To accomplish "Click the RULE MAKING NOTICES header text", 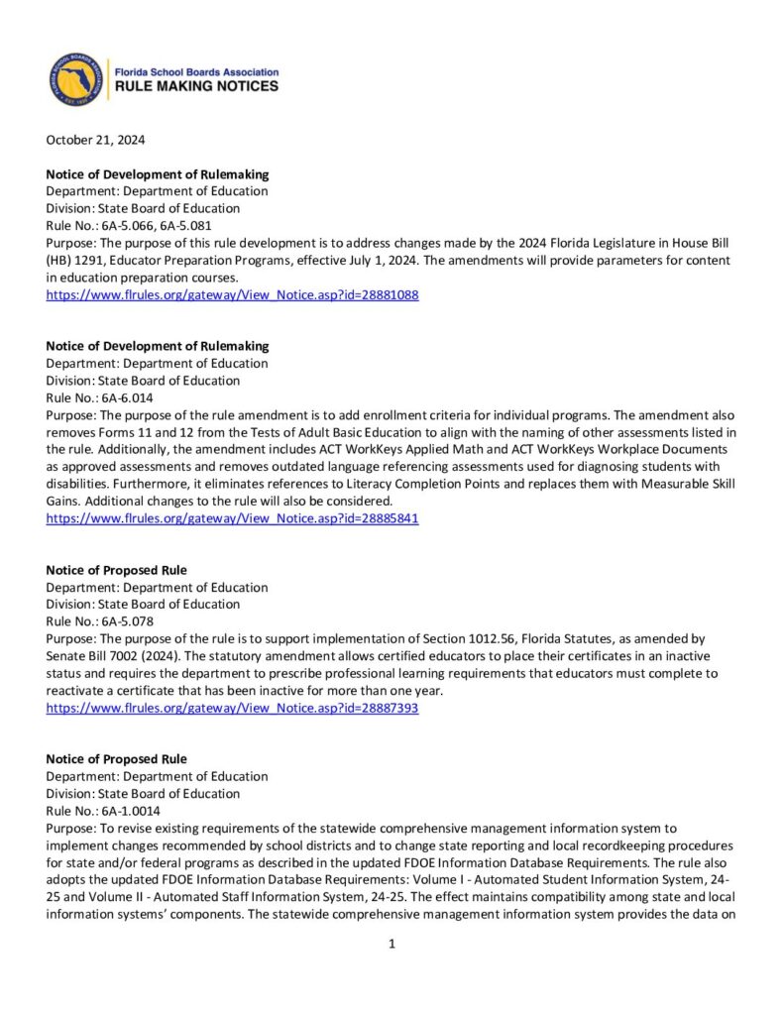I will pos(197,87).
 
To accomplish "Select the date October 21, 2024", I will pos(96,140).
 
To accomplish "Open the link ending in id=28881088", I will pos(232,295).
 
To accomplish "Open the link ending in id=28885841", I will pos(232,518).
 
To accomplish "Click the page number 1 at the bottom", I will pos(392,945).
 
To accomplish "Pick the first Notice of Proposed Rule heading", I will pos(117,570).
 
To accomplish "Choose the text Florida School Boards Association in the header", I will pos(197,72).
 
